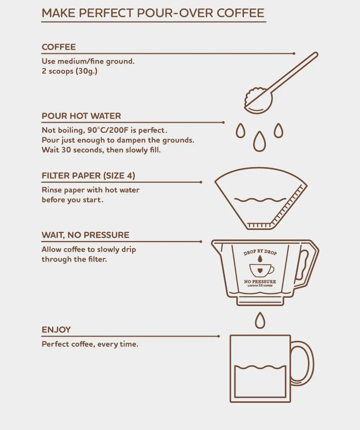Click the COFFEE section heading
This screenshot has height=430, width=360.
pos(59,47)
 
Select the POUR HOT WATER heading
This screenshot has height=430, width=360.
pos(81,116)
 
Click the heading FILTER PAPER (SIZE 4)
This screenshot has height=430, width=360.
pos(88,176)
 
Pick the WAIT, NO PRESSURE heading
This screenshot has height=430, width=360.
pos(85,235)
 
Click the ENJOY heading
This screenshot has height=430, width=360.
pos(56,330)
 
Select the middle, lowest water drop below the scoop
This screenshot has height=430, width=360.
pos(259,141)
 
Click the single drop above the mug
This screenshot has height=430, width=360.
pos(260,320)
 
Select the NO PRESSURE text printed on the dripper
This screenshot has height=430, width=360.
pos(260,281)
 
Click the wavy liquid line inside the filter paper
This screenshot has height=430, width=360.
pos(260,200)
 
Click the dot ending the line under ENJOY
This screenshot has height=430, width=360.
pos(219,336)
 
